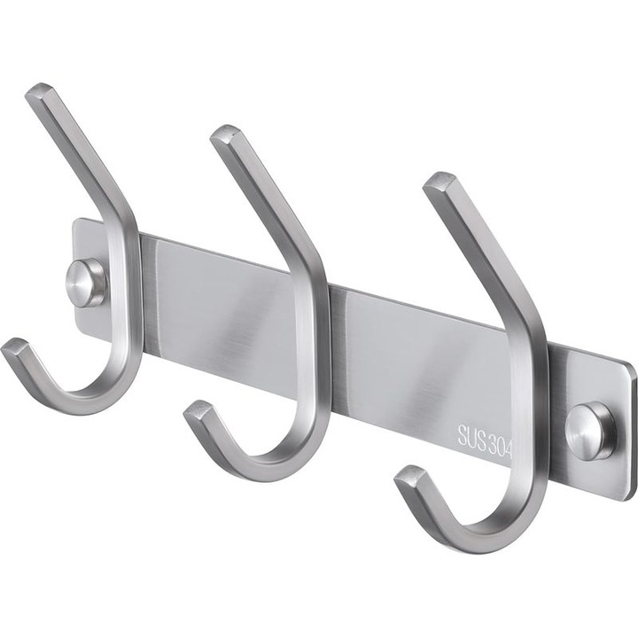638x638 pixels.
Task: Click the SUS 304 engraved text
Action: (485, 441)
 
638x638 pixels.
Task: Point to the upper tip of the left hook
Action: (40, 93)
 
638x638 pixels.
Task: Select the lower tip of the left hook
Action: (15, 347)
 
